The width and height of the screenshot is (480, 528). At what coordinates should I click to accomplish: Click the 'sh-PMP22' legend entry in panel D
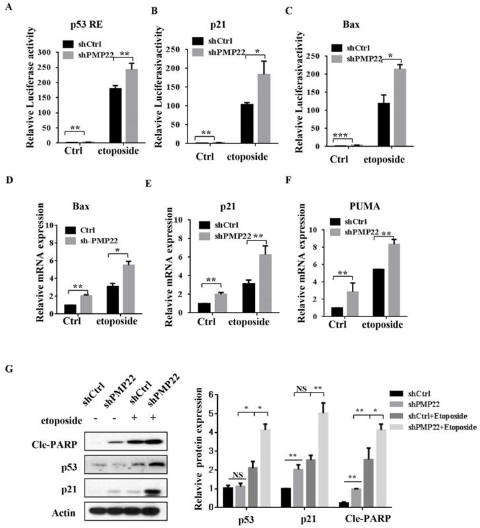coord(93,238)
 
